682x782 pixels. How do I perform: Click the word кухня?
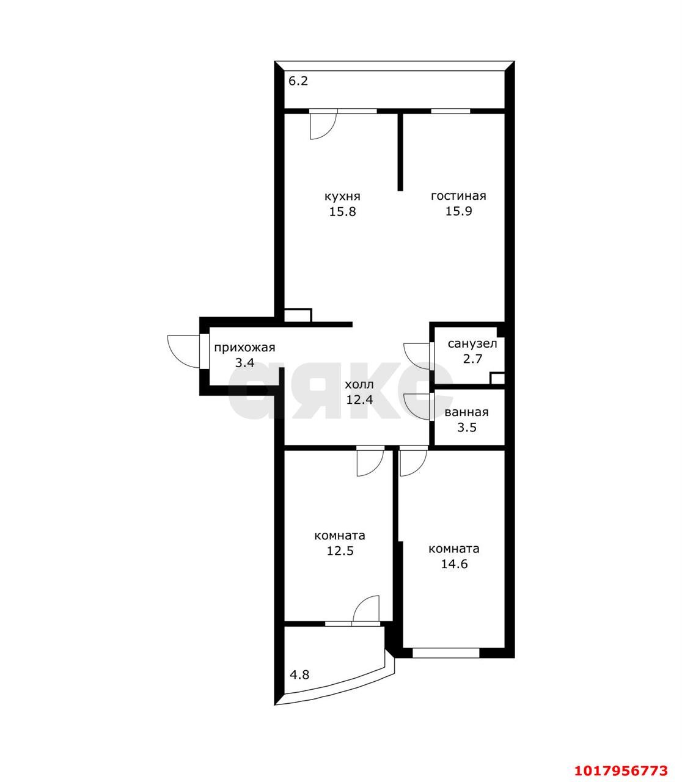342,197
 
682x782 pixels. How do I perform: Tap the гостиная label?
458,196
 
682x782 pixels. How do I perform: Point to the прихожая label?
244,348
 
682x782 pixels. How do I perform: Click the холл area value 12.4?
359,400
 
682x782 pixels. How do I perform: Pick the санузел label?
472,343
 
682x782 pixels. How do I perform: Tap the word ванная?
466,412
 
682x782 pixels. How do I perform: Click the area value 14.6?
454,564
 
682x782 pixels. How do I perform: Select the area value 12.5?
340,551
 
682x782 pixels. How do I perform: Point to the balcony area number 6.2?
298,81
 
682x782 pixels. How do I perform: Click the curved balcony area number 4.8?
299,674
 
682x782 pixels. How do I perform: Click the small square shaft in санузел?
497,378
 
